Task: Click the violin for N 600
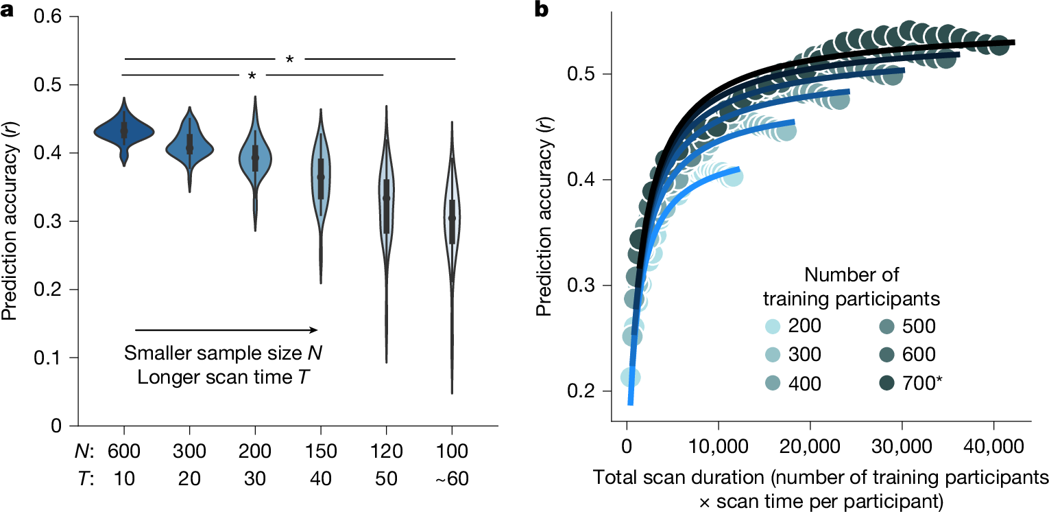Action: tap(124, 130)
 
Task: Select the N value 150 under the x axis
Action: tap(320, 451)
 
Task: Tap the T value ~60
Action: tap(452, 480)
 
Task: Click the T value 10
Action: tap(124, 480)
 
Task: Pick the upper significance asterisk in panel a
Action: tap(289, 60)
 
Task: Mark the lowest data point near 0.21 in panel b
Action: tap(631, 377)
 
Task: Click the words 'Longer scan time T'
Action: tap(222, 378)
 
